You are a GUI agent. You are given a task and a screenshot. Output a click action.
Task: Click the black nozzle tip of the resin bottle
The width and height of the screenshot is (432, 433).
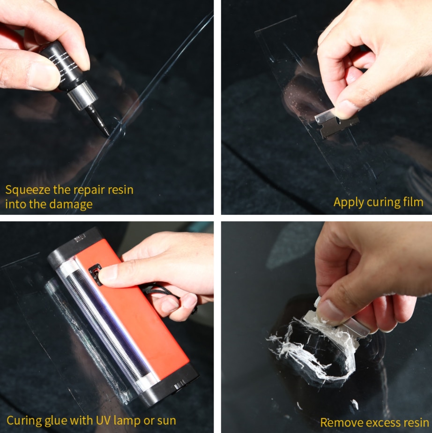(104, 129)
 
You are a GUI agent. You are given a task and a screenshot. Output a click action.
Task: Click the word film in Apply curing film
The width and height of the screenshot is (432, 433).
(413, 202)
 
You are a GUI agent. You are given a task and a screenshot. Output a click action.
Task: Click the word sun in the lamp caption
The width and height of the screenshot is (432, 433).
(166, 420)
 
